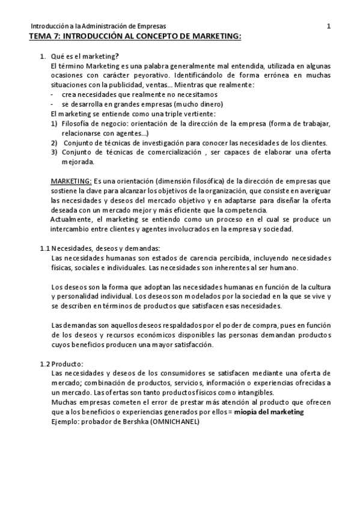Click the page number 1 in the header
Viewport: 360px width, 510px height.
[x=328, y=26]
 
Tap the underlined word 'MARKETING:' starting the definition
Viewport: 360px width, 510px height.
[x=71, y=181]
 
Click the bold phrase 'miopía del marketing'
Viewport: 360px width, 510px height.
[x=269, y=412]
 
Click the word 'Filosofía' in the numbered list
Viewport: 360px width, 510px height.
[x=77, y=123]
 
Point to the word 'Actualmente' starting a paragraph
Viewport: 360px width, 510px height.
[x=72, y=220]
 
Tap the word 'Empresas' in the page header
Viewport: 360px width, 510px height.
[x=151, y=26]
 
